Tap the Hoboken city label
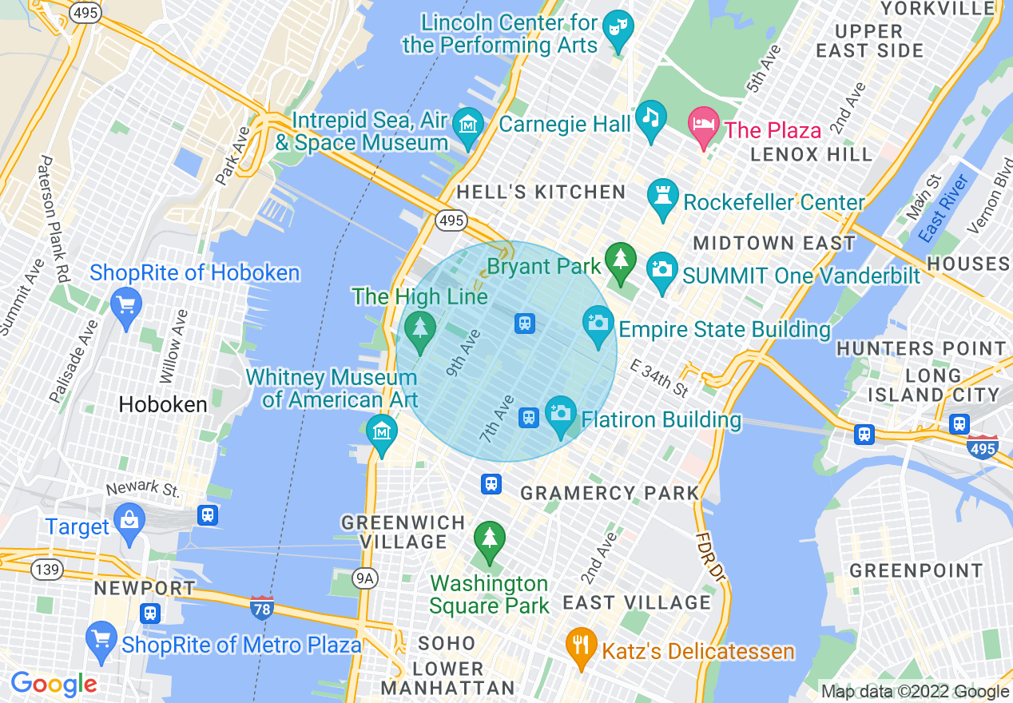[163, 404]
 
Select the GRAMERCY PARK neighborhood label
[610, 493]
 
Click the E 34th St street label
[659, 379]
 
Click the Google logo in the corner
[54, 684]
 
